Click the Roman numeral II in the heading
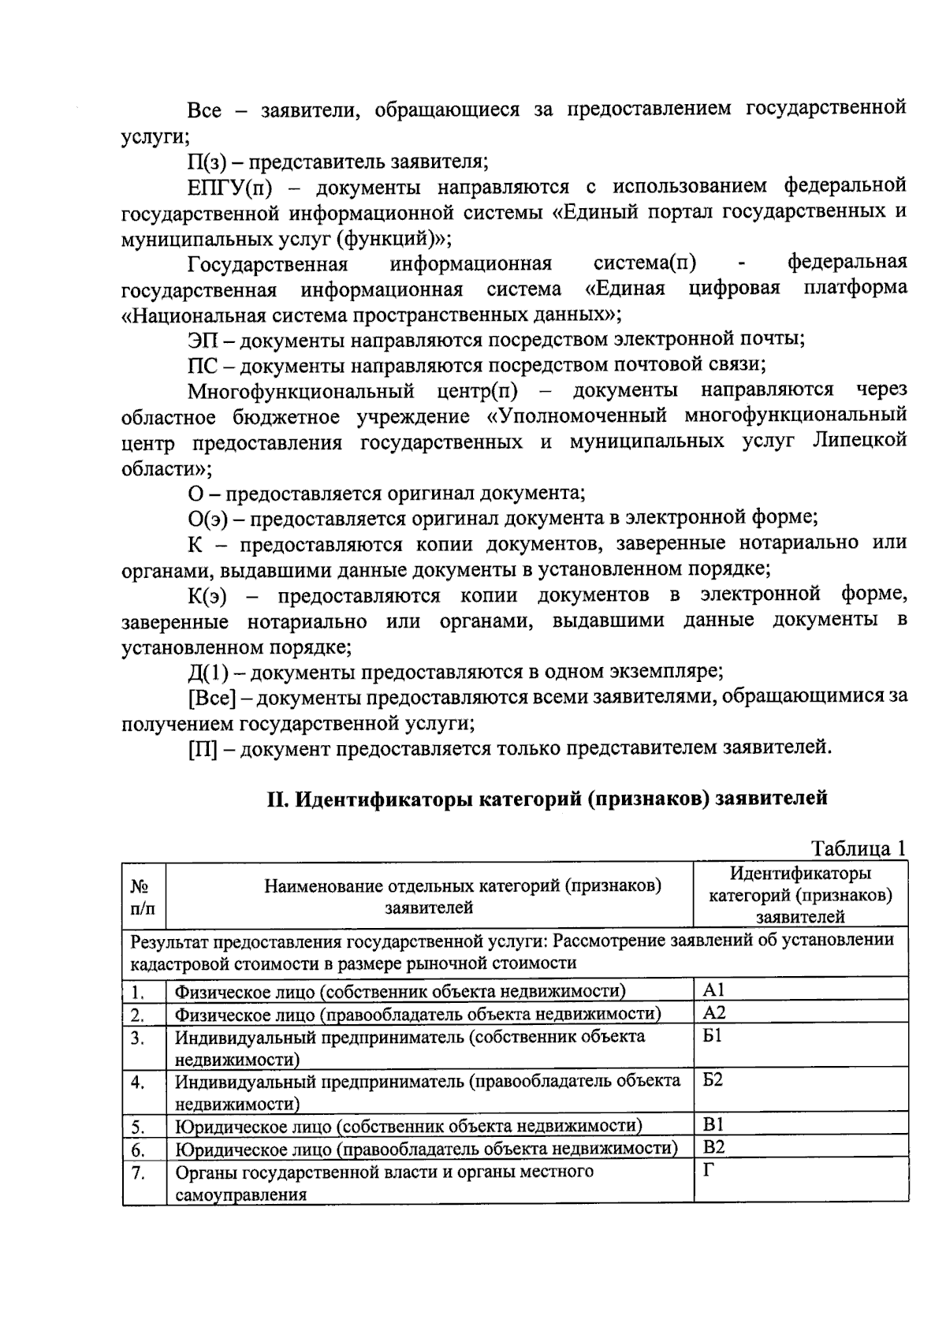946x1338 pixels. pyautogui.click(x=275, y=799)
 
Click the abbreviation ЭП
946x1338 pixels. pyautogui.click(x=203, y=341)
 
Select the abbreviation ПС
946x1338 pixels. pyautogui.click(x=202, y=366)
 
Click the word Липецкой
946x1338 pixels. pyautogui.click(x=858, y=442)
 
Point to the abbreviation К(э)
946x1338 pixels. pyautogui.click(x=207, y=596)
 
